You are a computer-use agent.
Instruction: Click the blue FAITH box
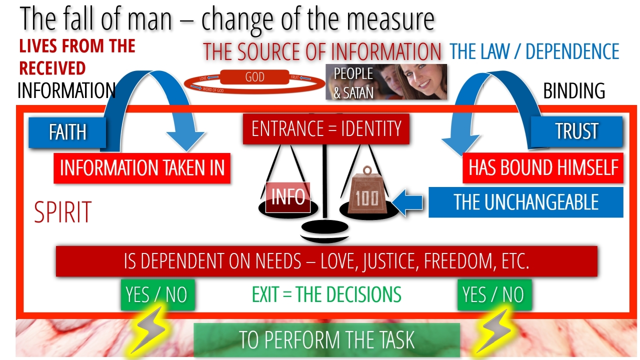67,132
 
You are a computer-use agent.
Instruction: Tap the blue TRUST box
576,131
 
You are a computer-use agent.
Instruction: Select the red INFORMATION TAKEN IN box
142,168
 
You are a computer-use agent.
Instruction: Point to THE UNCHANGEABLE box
525,202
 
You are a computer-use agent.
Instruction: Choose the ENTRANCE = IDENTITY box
326,129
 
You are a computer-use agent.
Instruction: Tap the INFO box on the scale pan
288,197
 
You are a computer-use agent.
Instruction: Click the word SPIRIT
62,212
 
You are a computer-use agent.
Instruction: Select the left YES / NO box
157,294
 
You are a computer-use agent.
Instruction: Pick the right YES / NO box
494,294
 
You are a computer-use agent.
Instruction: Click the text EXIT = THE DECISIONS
326,294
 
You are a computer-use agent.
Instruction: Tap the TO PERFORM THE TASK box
326,340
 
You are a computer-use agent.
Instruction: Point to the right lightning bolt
494,329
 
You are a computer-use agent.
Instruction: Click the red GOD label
254,77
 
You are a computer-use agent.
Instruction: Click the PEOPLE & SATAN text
353,82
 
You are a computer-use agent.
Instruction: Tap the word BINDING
574,91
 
